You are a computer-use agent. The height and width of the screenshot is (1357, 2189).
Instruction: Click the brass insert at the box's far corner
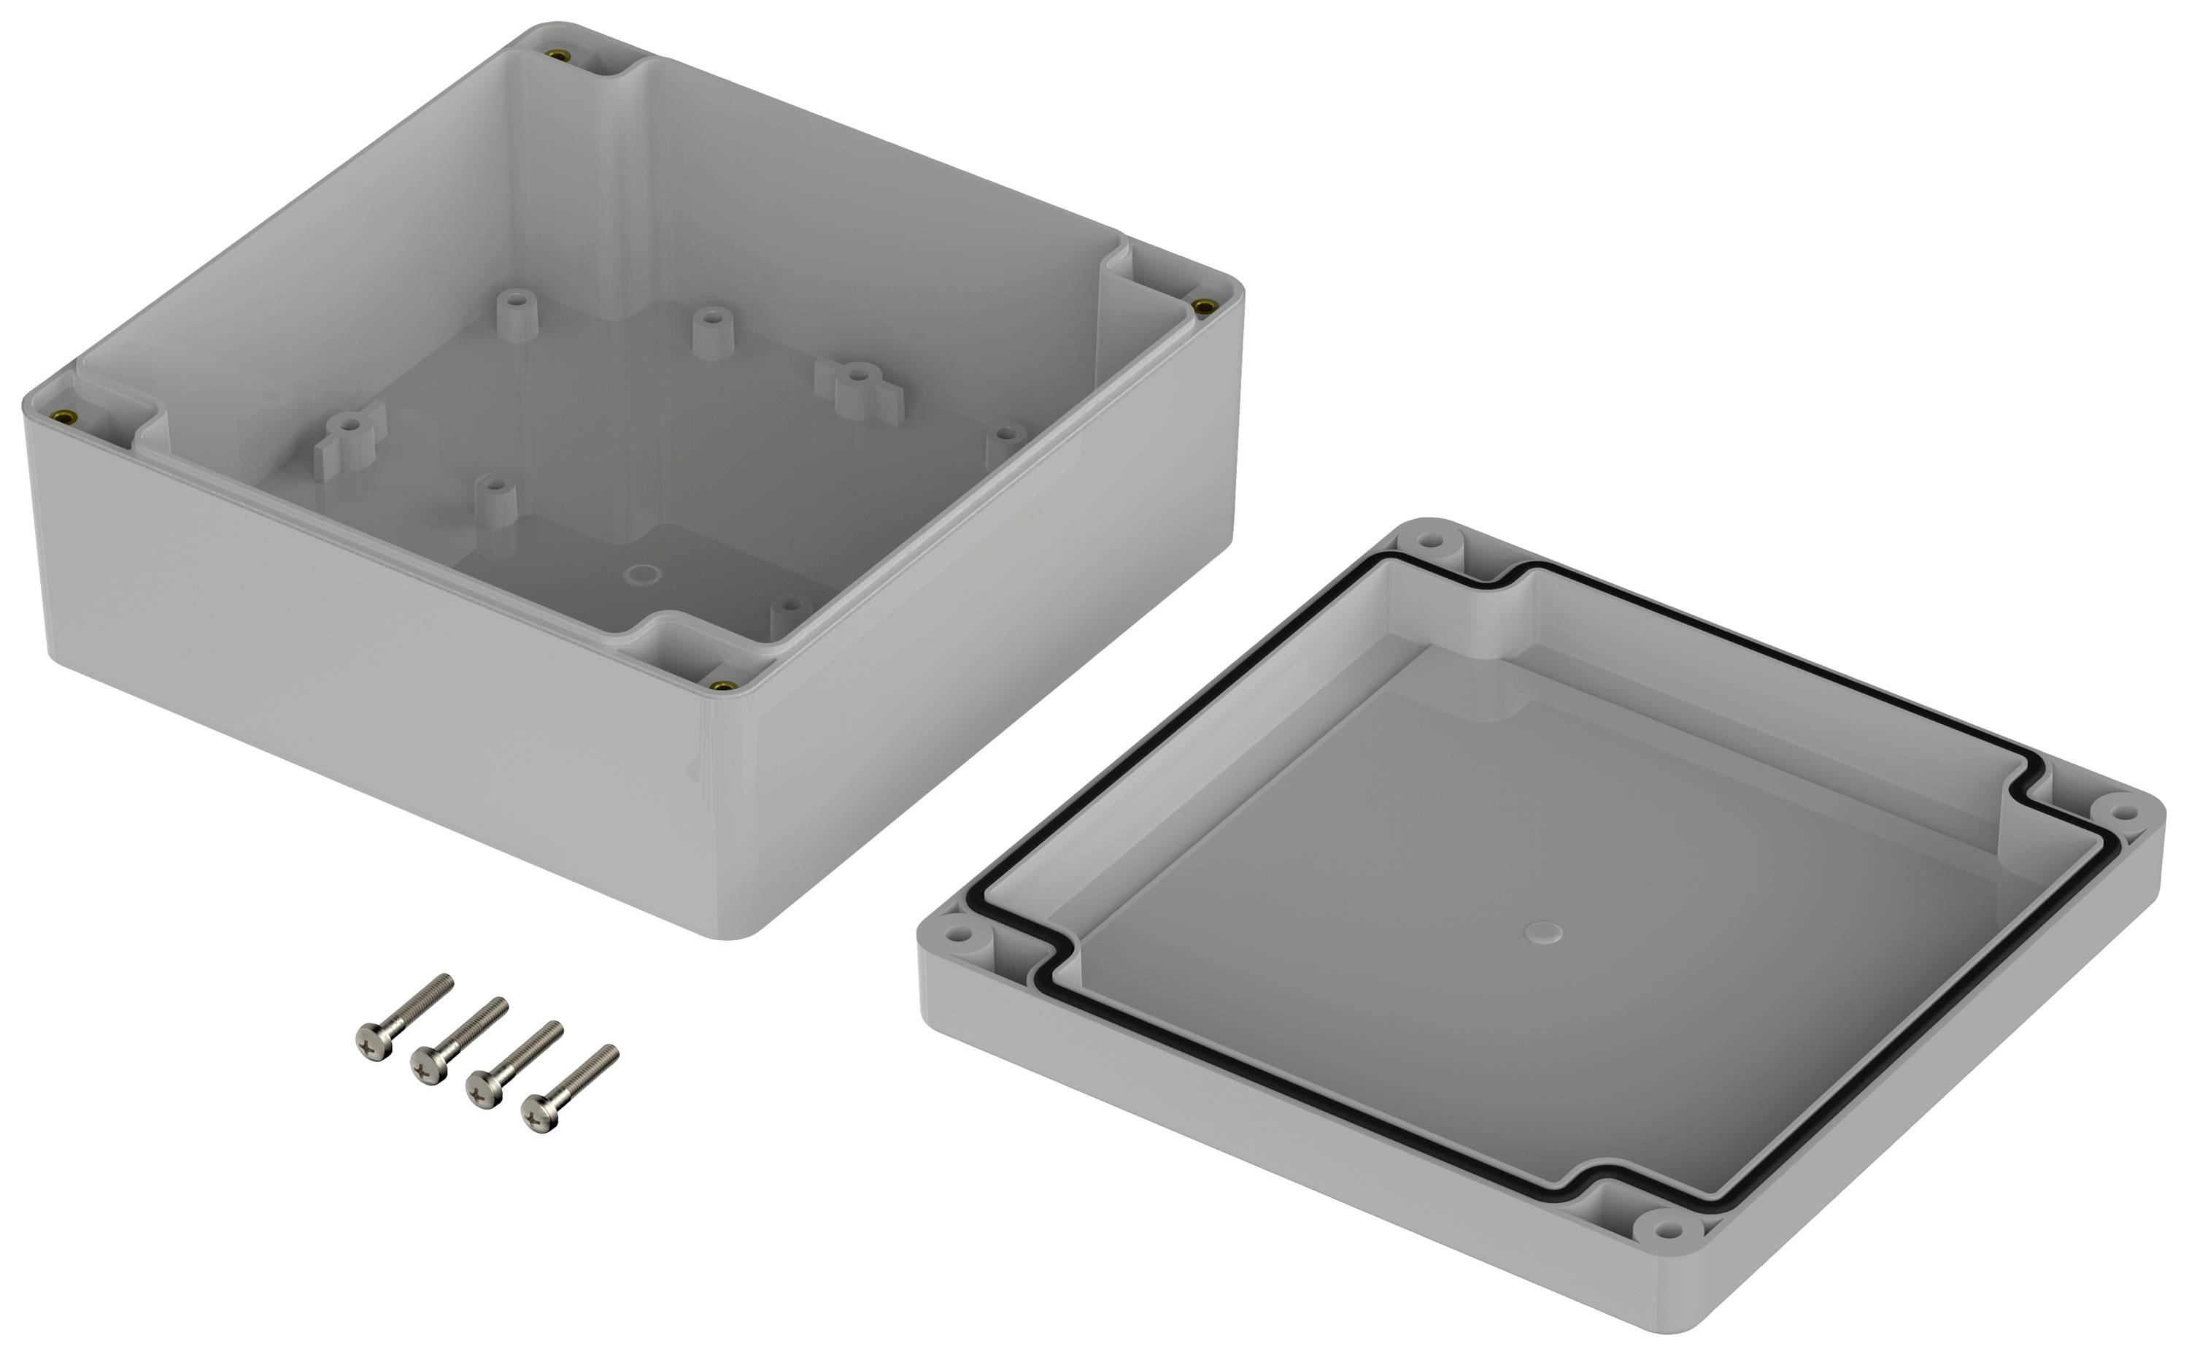(x=560, y=55)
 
